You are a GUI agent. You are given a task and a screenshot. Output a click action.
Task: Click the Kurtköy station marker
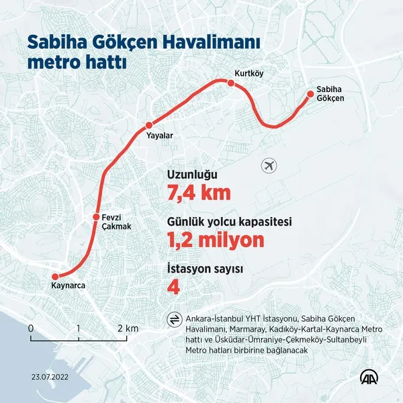point(230,83)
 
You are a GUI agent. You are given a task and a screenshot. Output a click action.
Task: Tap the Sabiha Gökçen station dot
point(310,94)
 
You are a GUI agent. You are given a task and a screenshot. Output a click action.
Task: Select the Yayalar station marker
point(149,125)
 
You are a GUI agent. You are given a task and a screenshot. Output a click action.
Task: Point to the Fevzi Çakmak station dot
point(96,217)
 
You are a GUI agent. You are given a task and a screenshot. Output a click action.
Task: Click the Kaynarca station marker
point(54,276)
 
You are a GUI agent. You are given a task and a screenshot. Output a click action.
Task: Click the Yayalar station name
point(160,136)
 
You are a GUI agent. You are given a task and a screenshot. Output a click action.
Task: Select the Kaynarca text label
point(69,286)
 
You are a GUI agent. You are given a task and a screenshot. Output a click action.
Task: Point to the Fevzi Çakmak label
point(116,222)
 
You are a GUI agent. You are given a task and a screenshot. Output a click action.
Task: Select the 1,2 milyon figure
point(216,240)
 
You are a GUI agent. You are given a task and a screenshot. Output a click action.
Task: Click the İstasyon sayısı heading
point(204,269)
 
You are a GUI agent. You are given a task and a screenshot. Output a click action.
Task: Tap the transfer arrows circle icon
point(174,319)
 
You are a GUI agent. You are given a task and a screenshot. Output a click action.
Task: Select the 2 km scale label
point(128,329)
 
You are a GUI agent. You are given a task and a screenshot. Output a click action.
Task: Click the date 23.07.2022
point(48,376)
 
